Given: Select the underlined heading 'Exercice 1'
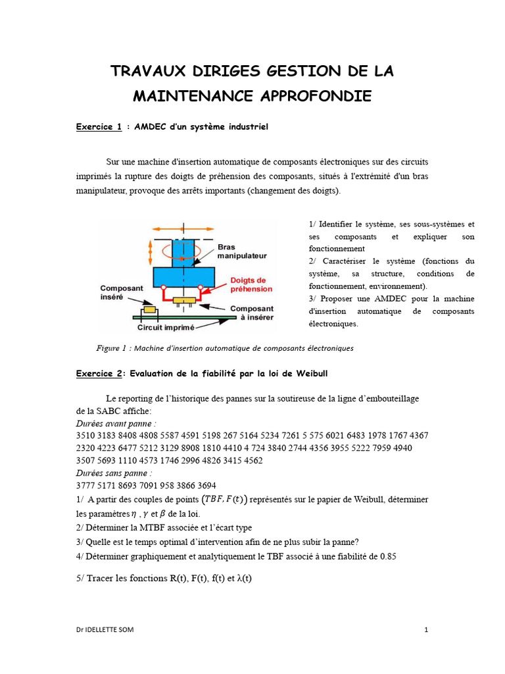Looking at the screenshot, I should (x=99, y=127).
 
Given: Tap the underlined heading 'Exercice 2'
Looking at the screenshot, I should (x=99, y=373).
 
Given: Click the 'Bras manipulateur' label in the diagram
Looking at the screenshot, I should (x=242, y=251).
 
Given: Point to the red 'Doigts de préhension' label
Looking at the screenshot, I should (x=251, y=284).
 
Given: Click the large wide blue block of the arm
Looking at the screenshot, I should (x=184, y=276).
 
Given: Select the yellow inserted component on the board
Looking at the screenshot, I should (x=150, y=309).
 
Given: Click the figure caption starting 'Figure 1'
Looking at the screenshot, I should (x=225, y=348).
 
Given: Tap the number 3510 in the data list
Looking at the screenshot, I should (x=87, y=435).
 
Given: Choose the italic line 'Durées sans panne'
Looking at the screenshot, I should (x=114, y=473).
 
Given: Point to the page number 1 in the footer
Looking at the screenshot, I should (x=426, y=629).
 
